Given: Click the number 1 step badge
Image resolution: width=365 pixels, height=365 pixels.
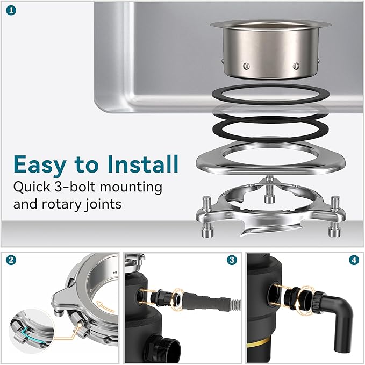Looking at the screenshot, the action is click(x=11, y=11).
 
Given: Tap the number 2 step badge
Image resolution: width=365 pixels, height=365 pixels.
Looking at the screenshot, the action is click(x=11, y=260).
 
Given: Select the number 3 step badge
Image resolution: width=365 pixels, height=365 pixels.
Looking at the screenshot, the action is click(x=232, y=260).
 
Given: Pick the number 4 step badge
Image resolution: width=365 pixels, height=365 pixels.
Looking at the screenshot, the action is click(x=354, y=260).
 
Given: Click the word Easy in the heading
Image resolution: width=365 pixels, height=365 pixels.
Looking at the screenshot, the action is click(x=40, y=164).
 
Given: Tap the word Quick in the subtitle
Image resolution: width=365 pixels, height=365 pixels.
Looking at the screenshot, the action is click(x=31, y=187).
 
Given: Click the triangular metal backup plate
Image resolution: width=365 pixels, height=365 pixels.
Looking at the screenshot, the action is click(x=271, y=158).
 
